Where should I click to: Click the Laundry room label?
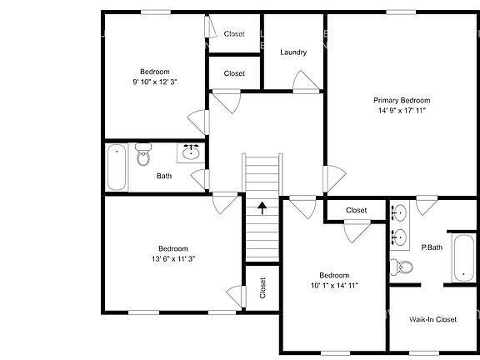293,52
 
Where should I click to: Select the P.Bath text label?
432,247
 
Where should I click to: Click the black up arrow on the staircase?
263,207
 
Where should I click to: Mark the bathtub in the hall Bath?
117,167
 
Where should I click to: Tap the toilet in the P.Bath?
404,267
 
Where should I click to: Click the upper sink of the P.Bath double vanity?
400,212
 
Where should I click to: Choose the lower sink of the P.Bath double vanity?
400,237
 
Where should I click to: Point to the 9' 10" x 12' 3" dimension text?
155,82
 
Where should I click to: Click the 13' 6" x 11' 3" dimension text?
173,259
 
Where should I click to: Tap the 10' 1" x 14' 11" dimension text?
333,286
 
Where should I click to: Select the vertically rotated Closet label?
262,288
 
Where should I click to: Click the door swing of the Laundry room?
305,81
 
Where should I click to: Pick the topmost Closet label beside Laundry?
235,34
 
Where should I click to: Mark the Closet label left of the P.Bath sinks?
357,210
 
